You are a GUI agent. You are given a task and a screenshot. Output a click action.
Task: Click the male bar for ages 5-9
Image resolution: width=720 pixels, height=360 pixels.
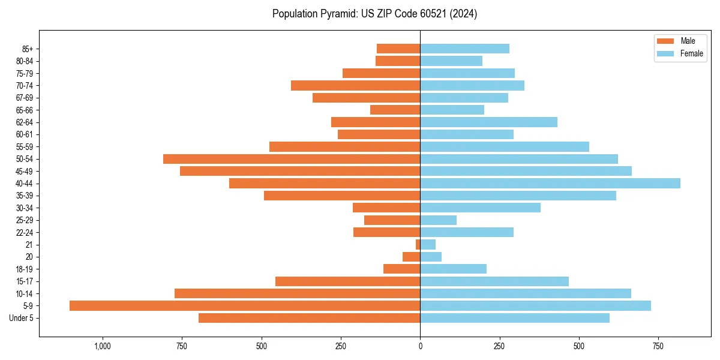click(x=245, y=305)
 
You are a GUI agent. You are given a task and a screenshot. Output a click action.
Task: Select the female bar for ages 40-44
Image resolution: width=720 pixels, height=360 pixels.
click(x=550, y=183)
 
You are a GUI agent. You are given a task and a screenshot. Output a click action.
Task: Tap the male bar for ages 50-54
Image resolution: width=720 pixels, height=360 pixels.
click(x=292, y=159)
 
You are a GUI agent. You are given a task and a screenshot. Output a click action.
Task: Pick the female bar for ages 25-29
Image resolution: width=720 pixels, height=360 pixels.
click(x=438, y=220)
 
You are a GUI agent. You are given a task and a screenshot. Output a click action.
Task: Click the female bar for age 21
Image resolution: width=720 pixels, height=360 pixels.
click(x=428, y=244)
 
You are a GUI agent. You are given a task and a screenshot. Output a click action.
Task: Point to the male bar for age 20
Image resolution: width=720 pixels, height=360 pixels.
click(x=412, y=257)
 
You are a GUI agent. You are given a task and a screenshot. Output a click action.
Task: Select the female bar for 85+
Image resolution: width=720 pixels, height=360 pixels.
click(x=464, y=49)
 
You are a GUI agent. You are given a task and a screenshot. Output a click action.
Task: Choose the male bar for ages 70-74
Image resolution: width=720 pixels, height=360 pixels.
click(x=355, y=85)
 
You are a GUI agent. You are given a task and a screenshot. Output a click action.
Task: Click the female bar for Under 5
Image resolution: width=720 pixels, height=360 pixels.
click(x=515, y=318)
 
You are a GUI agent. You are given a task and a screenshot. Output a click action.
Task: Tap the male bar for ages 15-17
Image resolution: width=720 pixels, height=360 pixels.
click(x=347, y=281)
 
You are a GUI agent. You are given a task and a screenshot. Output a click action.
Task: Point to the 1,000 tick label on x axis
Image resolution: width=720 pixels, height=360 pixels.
click(x=103, y=346)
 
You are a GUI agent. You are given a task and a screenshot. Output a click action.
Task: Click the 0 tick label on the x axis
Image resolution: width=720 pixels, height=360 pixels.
click(x=420, y=346)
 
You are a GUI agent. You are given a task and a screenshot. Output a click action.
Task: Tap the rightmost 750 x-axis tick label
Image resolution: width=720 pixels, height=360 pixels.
click(x=658, y=346)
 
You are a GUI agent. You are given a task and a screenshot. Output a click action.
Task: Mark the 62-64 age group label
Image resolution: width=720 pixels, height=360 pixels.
click(x=25, y=122)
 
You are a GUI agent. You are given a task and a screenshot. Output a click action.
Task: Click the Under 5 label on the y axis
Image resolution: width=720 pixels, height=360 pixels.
click(x=21, y=318)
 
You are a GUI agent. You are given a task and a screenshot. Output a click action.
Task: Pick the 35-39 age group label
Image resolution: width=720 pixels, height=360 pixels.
click(x=25, y=196)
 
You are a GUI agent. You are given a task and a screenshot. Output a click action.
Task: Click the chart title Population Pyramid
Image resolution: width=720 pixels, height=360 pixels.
click(x=374, y=14)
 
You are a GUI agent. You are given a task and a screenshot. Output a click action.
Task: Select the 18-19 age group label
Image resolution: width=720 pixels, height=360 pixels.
click(x=25, y=269)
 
